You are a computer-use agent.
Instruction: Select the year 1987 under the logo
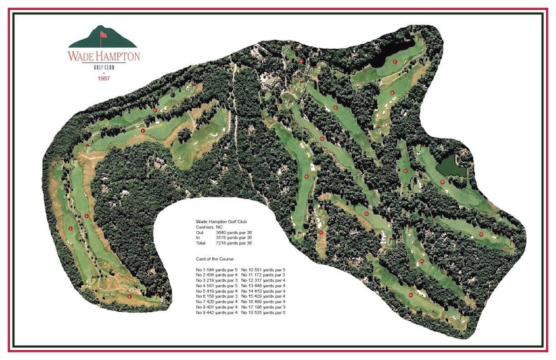104,78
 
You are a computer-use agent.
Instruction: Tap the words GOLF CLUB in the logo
104,67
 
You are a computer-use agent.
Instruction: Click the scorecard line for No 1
217,270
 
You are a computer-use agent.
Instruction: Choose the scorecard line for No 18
263,312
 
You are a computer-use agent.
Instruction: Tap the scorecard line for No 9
217,312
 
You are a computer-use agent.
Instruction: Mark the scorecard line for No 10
263,270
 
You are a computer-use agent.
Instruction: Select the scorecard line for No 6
217,296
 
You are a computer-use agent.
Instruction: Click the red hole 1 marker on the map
144,130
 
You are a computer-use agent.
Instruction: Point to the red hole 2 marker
70,228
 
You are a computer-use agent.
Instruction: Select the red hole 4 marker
87,216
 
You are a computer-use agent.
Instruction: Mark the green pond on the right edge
449,165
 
